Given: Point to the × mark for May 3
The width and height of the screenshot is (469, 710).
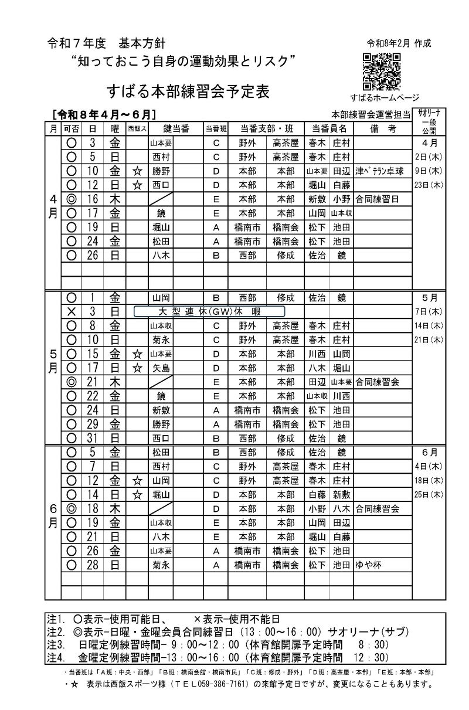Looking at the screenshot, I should [72, 311].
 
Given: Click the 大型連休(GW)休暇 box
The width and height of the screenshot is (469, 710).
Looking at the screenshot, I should [209, 311].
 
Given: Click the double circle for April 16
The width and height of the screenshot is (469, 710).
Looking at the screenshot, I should [72, 199].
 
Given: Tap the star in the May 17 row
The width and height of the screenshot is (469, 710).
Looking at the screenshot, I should [138, 368].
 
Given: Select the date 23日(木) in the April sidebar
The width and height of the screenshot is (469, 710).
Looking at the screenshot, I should [428, 185].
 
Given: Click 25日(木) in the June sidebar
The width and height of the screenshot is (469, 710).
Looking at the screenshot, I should [428, 494].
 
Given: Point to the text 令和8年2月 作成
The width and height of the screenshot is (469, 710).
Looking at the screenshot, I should [399, 43].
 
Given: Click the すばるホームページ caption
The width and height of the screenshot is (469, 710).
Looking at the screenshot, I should [385, 97].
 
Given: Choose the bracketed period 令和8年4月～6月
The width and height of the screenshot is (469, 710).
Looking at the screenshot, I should [103, 114].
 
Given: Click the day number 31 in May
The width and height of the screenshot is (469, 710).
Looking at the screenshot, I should [92, 438].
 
